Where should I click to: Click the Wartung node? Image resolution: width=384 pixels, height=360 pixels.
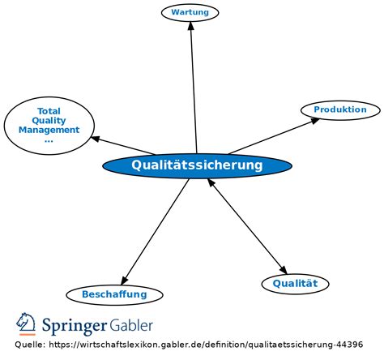click(x=190, y=12)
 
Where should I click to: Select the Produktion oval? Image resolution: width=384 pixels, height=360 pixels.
click(x=340, y=110)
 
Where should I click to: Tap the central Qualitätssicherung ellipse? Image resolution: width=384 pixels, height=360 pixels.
click(x=197, y=165)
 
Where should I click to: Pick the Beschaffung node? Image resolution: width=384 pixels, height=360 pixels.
click(x=114, y=294)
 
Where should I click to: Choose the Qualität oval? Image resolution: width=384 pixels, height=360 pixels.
click(x=295, y=284)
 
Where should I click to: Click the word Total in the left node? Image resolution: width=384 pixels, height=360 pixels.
click(x=49, y=111)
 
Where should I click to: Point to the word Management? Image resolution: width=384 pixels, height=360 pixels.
click(x=49, y=130)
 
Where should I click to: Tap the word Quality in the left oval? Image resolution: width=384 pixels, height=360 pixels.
click(x=49, y=121)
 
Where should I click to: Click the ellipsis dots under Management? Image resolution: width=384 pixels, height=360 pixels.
click(x=49, y=141)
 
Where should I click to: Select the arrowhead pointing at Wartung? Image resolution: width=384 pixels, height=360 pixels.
click(x=191, y=25)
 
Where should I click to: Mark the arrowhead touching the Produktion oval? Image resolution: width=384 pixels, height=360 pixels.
click(x=314, y=121)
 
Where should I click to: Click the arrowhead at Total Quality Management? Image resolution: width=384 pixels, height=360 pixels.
click(x=95, y=139)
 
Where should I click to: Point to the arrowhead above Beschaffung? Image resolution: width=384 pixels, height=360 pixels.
click(x=124, y=281)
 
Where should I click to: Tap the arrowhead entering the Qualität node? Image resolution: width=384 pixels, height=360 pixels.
click(x=284, y=270)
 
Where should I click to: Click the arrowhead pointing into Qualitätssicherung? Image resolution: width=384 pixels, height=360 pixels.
click(x=211, y=182)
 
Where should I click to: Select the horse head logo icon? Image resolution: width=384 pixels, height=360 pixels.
click(x=26, y=324)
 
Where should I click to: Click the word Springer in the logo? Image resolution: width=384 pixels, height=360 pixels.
click(x=75, y=326)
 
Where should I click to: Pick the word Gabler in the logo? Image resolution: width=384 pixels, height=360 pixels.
click(x=131, y=325)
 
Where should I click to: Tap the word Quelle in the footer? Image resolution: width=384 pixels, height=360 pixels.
click(x=30, y=345)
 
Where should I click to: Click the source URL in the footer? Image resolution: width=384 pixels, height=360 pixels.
click(x=206, y=345)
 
